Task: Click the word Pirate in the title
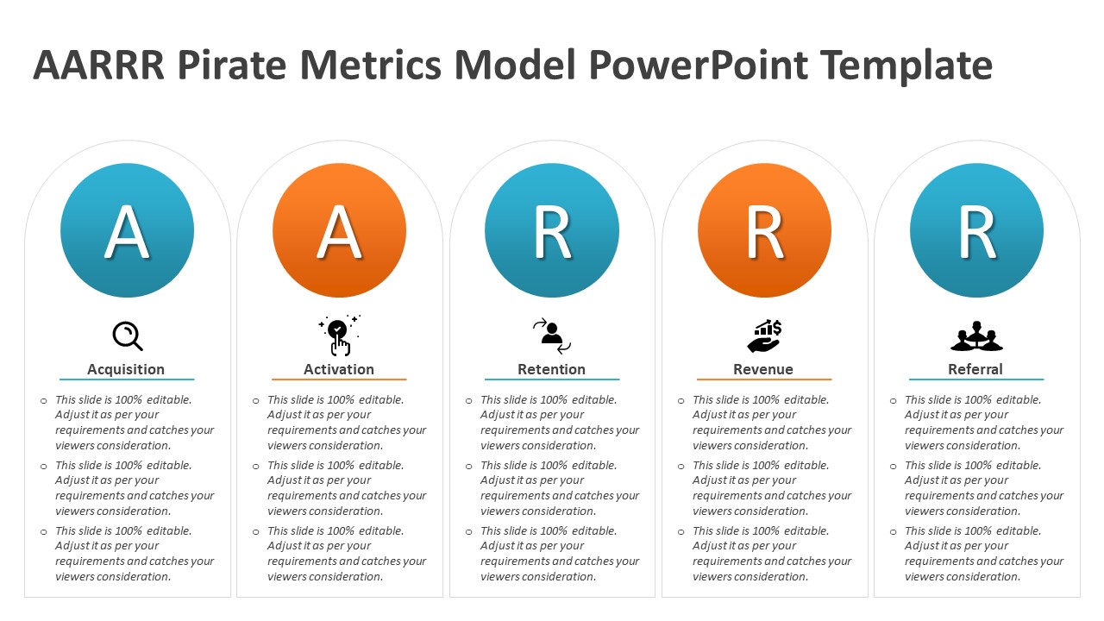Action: point(227,66)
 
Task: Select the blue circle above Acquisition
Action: point(127,230)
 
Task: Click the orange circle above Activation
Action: point(339,230)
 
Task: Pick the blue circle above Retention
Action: point(552,230)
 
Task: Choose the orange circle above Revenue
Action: point(764,230)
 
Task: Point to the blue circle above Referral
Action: point(976,230)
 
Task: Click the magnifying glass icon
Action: point(128,336)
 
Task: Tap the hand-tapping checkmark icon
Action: point(339,336)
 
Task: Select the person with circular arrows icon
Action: point(552,336)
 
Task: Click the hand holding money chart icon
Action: point(764,336)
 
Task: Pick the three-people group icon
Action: point(976,336)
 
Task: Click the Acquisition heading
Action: point(126,369)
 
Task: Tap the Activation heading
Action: point(339,369)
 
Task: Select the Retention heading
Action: point(551,369)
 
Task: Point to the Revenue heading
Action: point(763,369)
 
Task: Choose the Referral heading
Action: point(975,369)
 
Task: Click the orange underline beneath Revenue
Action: point(764,379)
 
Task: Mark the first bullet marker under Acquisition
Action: point(43,401)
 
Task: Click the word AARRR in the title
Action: point(97,66)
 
